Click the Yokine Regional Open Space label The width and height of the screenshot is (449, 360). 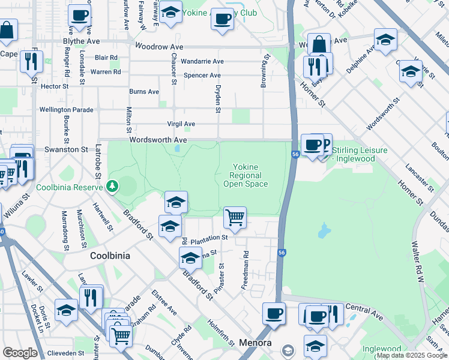pos(246,176)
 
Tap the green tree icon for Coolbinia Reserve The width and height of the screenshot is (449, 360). pos(112,187)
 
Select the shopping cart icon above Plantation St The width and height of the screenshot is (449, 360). pos(235,217)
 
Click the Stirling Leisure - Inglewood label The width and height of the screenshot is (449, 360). pos(360,154)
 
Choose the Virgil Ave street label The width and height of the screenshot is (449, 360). pos(181,124)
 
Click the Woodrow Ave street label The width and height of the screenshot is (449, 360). pos(159,46)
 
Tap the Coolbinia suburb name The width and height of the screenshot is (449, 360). pos(110,256)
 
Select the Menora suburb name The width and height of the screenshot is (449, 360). pos(256,343)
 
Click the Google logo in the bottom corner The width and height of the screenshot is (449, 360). pos(20,353)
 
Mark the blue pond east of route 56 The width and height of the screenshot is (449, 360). pos(324,230)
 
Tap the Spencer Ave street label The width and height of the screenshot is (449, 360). pos(202,76)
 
